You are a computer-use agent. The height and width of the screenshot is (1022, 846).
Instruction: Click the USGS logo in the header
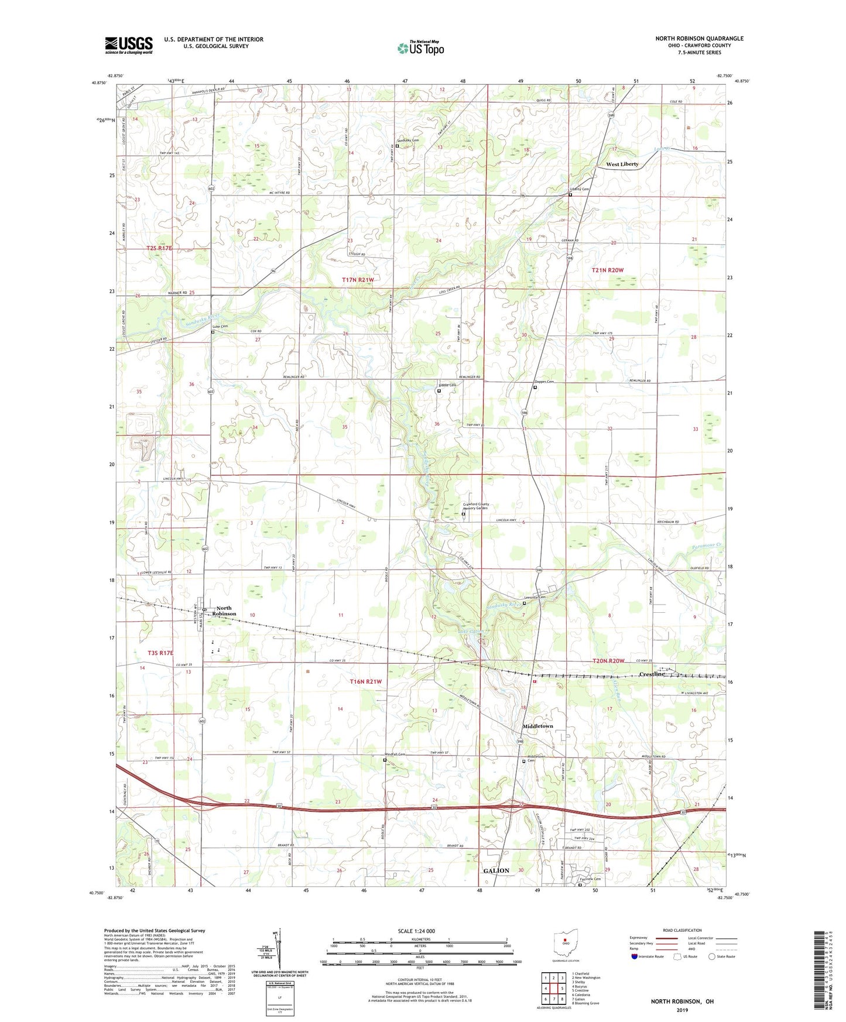click(129, 44)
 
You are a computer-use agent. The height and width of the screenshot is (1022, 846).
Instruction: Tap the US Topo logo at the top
click(420, 48)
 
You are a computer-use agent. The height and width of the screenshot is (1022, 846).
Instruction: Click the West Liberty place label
click(622, 164)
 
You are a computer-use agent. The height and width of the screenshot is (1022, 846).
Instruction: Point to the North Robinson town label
click(226, 611)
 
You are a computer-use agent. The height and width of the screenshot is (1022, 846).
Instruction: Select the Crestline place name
click(652, 674)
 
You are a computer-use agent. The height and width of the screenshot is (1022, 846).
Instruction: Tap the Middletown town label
click(537, 726)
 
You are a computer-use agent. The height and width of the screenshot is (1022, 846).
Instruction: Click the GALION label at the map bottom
click(496, 871)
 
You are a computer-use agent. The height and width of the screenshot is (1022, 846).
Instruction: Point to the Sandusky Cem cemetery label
click(408, 140)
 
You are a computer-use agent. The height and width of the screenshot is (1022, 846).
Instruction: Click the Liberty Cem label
click(580, 189)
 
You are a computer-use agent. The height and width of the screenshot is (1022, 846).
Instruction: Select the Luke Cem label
click(220, 326)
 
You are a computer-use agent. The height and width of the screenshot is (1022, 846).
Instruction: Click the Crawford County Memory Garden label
click(476, 506)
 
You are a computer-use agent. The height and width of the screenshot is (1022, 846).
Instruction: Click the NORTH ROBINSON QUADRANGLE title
click(699, 39)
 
